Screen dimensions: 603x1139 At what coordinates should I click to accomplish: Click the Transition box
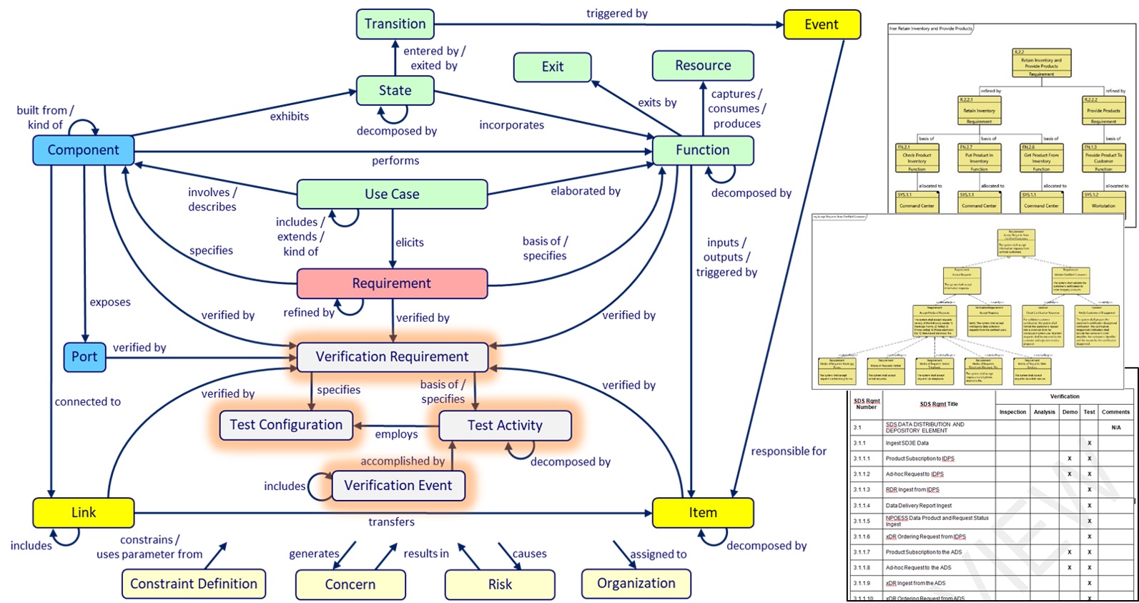point(395,24)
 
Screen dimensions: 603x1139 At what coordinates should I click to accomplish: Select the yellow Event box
point(821,24)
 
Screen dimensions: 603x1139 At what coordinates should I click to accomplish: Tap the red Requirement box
point(391,283)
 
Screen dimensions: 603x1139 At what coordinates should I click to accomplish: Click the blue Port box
point(84,356)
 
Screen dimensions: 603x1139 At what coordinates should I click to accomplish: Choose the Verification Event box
point(398,485)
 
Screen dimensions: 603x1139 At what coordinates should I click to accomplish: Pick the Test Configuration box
point(286,425)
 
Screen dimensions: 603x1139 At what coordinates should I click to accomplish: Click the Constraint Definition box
point(194,584)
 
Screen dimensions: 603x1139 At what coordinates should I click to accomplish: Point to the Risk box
point(500,584)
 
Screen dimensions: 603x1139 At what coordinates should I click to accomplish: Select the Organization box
point(636,583)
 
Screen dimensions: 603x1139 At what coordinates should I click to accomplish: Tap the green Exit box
point(552,67)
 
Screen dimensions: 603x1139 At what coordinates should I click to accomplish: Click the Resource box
point(702,65)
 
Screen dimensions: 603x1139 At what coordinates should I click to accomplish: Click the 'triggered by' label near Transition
point(616,14)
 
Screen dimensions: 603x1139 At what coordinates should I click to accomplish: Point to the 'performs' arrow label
point(395,161)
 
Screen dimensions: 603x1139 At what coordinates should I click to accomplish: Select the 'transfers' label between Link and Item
point(391,522)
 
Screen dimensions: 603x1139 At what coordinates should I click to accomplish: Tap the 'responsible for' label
point(788,451)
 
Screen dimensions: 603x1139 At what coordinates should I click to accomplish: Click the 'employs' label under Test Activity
point(396,434)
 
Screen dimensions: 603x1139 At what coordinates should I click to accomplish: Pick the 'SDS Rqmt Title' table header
point(938,404)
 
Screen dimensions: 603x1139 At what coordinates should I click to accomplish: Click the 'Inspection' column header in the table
point(1012,412)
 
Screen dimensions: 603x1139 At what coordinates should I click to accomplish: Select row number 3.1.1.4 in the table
point(862,506)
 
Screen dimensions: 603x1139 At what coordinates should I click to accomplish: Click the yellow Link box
point(84,512)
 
